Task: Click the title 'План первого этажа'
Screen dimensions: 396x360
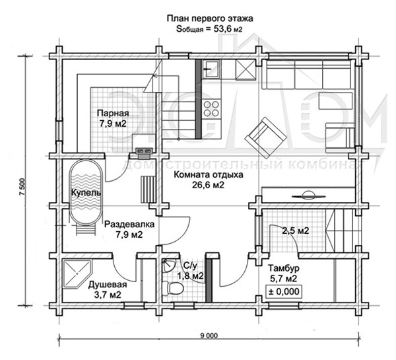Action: [x=210, y=18]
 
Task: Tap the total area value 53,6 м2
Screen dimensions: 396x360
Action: [x=228, y=29]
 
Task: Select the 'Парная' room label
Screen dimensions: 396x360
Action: [x=113, y=113]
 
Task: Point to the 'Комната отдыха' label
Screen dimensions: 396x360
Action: [x=209, y=174]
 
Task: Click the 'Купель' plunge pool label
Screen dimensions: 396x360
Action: [x=86, y=193]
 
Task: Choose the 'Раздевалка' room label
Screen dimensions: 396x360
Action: [x=129, y=224]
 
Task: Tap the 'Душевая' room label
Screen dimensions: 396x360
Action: [x=108, y=285]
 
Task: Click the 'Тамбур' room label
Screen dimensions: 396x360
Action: [x=284, y=268]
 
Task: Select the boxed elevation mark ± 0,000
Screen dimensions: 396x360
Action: [x=284, y=291]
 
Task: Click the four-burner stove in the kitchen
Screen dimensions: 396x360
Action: [x=211, y=108]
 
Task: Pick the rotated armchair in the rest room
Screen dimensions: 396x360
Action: [x=266, y=137]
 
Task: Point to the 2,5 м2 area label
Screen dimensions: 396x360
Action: [x=296, y=231]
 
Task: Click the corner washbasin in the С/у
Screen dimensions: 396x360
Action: [x=169, y=266]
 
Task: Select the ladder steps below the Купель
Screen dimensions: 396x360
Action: [x=85, y=229]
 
